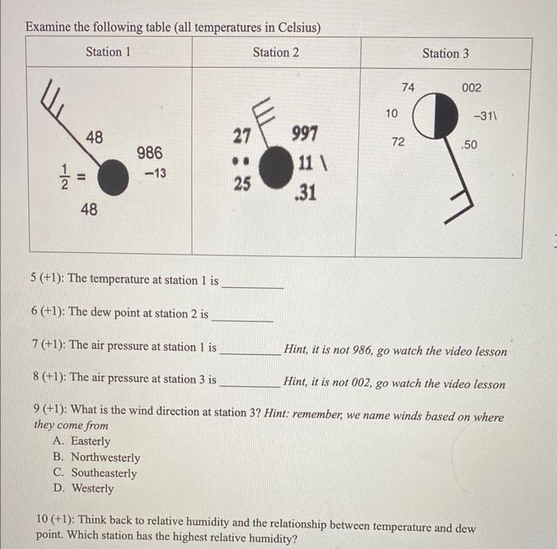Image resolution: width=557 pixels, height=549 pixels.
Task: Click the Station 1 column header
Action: coord(108,53)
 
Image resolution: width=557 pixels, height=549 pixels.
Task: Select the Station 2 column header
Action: coord(276,53)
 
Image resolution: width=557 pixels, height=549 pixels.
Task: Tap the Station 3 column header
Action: coord(446,53)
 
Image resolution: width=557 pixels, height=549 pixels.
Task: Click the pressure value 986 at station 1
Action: coord(150,153)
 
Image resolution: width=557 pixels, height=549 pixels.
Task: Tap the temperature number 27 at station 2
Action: coord(243,135)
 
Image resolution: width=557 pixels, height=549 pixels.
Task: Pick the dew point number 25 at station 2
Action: coord(243,184)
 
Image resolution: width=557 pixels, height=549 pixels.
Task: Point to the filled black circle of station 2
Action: coord(276,168)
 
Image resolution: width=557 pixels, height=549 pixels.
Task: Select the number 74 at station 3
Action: coord(408,87)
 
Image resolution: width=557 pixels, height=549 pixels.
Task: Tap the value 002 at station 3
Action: coord(470,88)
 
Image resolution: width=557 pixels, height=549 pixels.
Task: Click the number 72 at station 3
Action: coord(398,142)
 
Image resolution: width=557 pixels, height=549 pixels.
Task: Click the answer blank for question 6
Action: coord(243,315)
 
